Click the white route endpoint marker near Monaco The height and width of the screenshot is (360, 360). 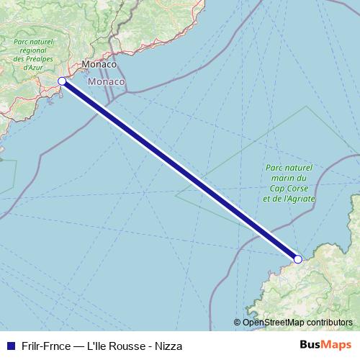[62, 81]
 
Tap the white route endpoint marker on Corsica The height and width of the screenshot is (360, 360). [297, 258]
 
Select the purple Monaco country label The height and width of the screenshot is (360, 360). [107, 83]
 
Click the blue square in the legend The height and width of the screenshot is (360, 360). [9, 346]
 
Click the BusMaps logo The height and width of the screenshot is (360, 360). [325, 345]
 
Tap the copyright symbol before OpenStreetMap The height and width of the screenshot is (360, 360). [237, 322]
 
